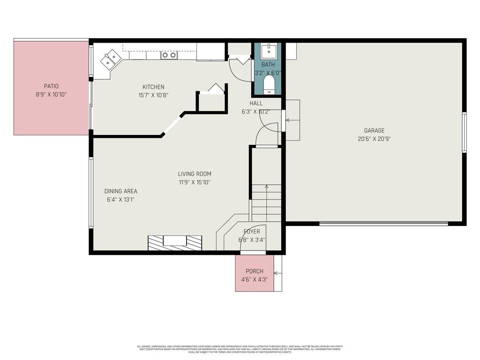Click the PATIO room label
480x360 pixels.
pos(51,86)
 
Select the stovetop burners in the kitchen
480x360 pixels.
pos(169,55)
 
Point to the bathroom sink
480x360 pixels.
pos(269,51)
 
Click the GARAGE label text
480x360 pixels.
pos(374,131)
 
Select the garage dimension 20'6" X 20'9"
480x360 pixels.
pos(374,139)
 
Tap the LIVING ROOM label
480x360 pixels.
pos(195,174)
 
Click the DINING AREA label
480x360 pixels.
pos(120,191)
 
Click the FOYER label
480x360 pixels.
pos(252,232)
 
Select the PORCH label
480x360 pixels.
pos(255,271)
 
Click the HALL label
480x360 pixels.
pos(256,103)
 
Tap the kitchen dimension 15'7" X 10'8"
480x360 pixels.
pos(153,95)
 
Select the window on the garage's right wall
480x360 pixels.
pos(464,132)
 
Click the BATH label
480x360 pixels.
pos(268,65)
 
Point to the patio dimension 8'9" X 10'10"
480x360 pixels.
pos(51,94)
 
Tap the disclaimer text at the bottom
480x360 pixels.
pos(240,349)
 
